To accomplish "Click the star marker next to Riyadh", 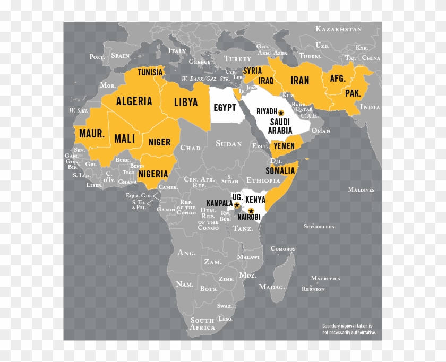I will click(281, 113).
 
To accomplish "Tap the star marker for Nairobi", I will click(251, 211).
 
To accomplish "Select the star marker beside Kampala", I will click(237, 205).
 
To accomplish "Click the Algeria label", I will click(134, 101).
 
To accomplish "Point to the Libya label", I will click(185, 102).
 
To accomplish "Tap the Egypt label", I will click(225, 107).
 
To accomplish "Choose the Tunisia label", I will click(150, 72).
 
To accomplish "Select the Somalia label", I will click(280, 170).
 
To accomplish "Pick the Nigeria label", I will click(153, 174).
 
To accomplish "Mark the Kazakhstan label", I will click(338, 29).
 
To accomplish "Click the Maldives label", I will click(361, 189).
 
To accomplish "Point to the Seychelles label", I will click(319, 226).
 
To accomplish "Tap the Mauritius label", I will click(325, 278).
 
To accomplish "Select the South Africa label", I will click(203, 324).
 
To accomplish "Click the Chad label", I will click(190, 148).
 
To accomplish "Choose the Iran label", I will click(299, 81).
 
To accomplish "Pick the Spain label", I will click(121, 55).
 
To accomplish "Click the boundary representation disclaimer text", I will click(349, 329).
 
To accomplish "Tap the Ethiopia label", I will click(263, 180).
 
